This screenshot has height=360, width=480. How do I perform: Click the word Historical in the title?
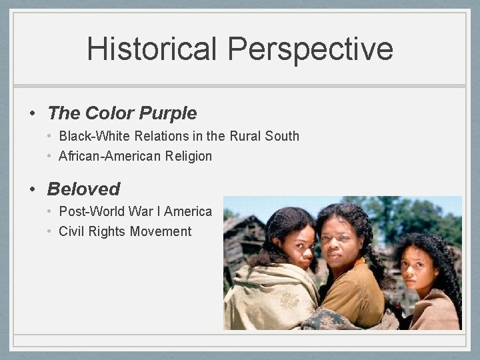pyautogui.click(x=152, y=49)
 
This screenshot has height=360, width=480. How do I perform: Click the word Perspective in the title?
pyautogui.click(x=310, y=49)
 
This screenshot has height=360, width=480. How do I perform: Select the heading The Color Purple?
pyautogui.click(x=122, y=113)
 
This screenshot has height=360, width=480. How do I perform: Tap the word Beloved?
pyautogui.click(x=84, y=189)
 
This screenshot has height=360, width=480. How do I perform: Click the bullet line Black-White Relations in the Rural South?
pyautogui.click(x=179, y=137)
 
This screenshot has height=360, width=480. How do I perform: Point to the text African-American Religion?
pyautogui.click(x=135, y=157)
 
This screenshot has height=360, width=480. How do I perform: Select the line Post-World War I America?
pyautogui.click(x=135, y=211)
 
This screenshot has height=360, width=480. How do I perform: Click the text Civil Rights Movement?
pyautogui.click(x=125, y=231)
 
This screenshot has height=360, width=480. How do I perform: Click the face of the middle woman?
pyautogui.click(x=343, y=240)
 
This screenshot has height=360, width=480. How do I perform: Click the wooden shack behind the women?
pyautogui.click(x=243, y=240)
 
